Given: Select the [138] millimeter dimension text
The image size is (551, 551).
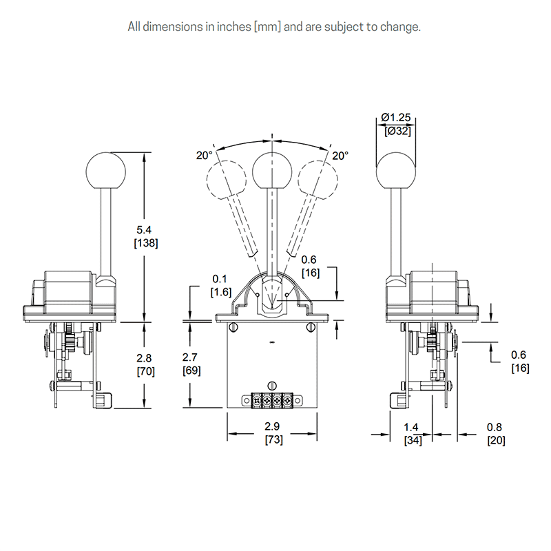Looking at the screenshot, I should click(x=145, y=244).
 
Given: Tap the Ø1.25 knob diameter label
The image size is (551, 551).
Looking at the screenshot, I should click(x=397, y=118).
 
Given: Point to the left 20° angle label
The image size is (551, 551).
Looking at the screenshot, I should click(x=204, y=156).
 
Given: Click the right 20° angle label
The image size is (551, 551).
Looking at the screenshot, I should click(x=340, y=156).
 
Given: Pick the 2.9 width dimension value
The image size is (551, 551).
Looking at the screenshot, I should click(x=271, y=427).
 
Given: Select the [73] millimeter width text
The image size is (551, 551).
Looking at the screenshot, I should click(x=271, y=439).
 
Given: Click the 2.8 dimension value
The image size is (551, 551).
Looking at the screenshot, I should click(x=145, y=358).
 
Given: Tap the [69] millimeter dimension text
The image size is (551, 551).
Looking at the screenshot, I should click(x=191, y=371).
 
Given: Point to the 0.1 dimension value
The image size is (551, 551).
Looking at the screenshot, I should click(x=219, y=280).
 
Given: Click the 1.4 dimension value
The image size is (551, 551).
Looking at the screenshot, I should click(x=413, y=428).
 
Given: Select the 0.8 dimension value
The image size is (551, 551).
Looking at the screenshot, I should click(x=496, y=428).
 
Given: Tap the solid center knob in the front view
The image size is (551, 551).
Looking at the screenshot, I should click(x=272, y=169).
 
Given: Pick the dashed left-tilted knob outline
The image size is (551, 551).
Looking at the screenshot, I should click(x=226, y=178).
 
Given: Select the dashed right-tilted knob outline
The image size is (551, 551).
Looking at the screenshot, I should click(x=318, y=178).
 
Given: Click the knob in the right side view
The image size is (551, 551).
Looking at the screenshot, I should click(x=397, y=169).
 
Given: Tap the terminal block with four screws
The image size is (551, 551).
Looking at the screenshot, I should click(x=271, y=400).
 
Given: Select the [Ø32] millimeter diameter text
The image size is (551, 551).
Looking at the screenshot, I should click(x=397, y=131).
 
